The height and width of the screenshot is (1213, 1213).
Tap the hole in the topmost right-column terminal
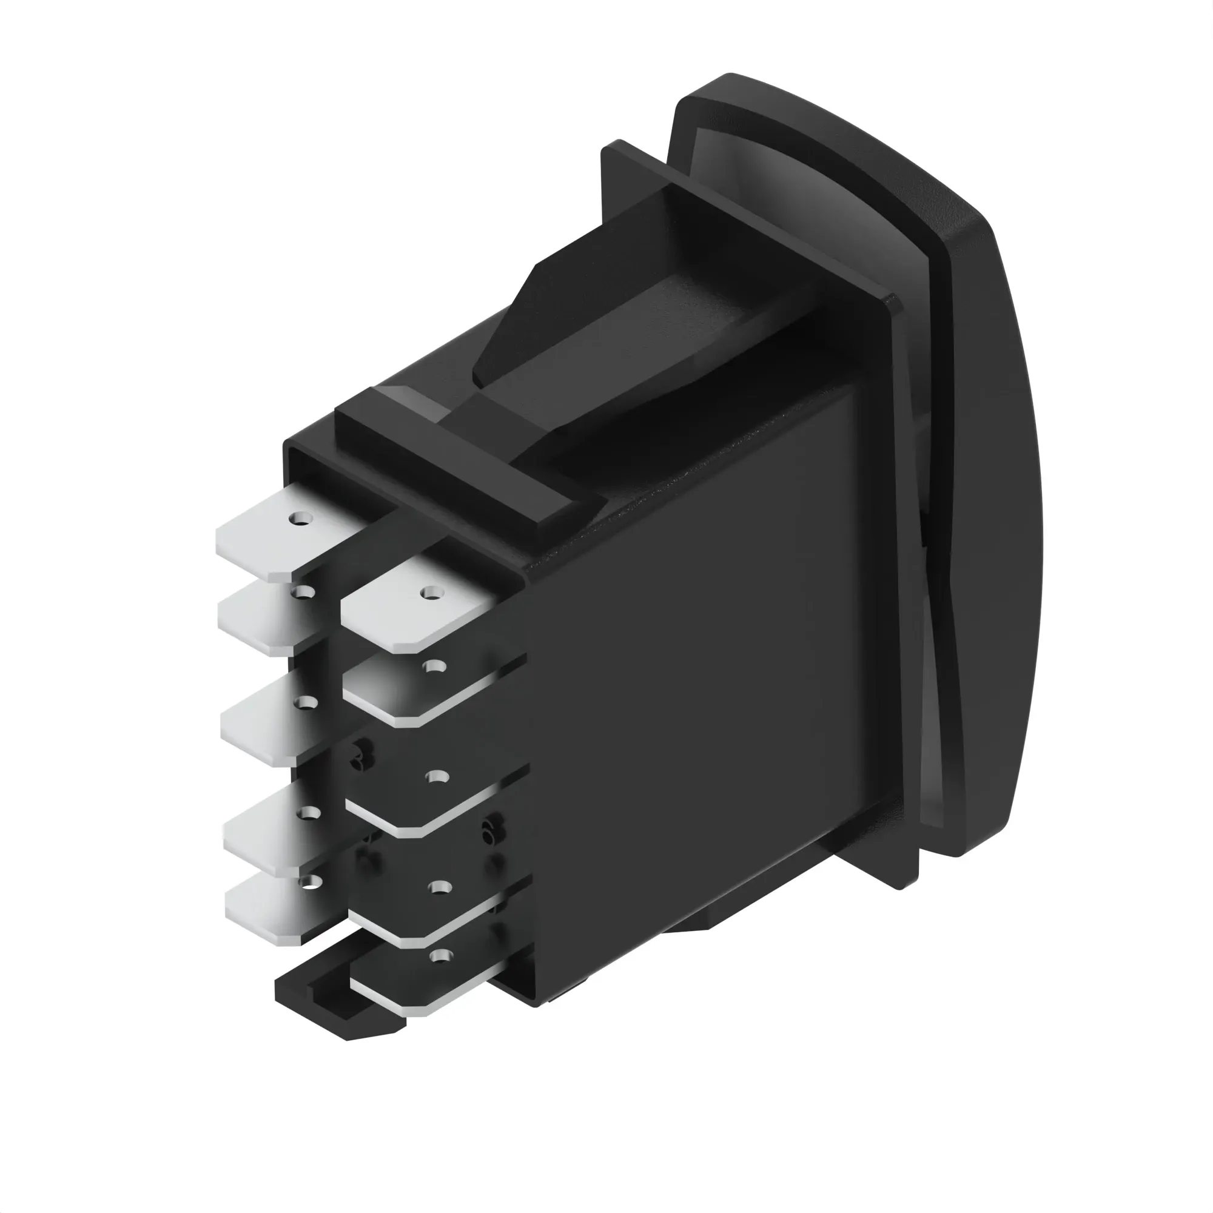pyautogui.click(x=431, y=592)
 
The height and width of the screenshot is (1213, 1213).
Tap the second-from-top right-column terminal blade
pyautogui.click(x=402, y=691)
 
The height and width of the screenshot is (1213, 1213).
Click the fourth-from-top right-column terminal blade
pyautogui.click(x=408, y=910)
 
